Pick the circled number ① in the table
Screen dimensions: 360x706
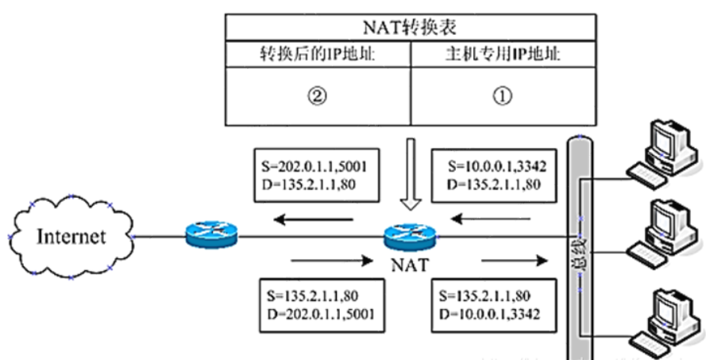coord(502,96)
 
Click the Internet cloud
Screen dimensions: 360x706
coord(68,236)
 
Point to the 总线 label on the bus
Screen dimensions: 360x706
coord(581,250)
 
